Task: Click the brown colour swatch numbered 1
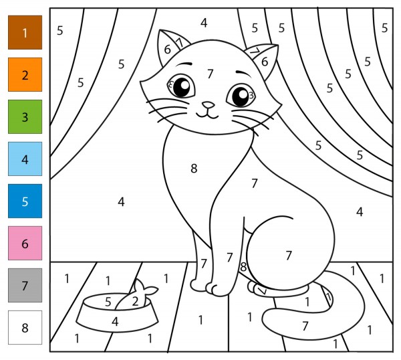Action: point(25,32)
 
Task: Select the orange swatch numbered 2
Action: point(25,74)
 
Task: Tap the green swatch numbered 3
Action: point(25,116)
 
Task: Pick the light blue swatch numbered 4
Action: point(25,159)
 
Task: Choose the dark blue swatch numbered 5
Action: point(25,201)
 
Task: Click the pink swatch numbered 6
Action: point(25,244)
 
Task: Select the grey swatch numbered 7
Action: point(25,285)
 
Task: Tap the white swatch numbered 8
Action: point(25,327)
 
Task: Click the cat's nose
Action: point(208,105)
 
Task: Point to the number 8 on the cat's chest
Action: point(194,169)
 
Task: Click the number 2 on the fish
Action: point(135,302)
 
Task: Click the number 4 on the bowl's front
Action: point(115,322)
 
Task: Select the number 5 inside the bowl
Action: point(108,302)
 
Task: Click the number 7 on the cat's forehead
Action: point(210,74)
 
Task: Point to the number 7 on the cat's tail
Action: point(305,326)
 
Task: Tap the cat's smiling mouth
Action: point(207,114)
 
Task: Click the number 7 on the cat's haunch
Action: point(289,255)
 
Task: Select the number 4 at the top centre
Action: point(204,23)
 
